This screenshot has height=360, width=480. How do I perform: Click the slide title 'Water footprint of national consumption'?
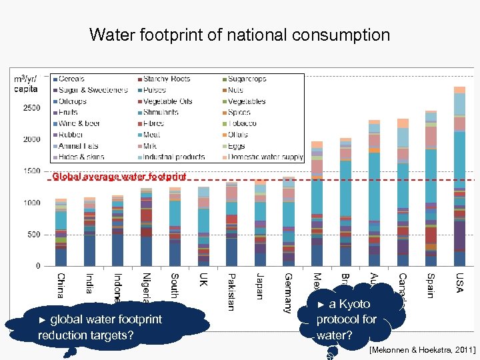pos(239,35)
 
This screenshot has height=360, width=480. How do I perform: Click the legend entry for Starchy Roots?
pos(166,79)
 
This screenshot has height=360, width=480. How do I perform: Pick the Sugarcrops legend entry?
pos(247,79)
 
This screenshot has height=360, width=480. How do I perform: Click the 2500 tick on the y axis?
pos(31,108)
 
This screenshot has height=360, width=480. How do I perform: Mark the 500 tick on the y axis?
pos(33,235)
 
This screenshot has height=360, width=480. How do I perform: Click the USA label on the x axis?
pos(460,283)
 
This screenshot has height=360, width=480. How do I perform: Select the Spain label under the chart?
pos(431,285)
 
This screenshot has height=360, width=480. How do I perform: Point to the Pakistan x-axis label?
pos(231,291)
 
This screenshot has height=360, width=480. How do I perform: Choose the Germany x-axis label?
pos(288,292)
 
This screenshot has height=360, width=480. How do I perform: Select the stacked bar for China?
pos(61,233)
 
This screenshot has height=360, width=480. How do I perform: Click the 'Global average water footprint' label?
pos(119,177)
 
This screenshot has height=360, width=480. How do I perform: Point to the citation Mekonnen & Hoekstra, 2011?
pos(421,349)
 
